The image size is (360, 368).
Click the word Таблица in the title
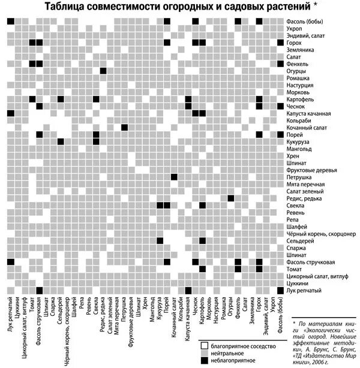pos(67,7)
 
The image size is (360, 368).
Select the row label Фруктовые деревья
pos(314,170)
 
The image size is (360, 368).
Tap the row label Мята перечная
pos(306,185)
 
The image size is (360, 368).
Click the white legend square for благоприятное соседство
pos(204,345)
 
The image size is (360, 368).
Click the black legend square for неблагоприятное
pos(204,360)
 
